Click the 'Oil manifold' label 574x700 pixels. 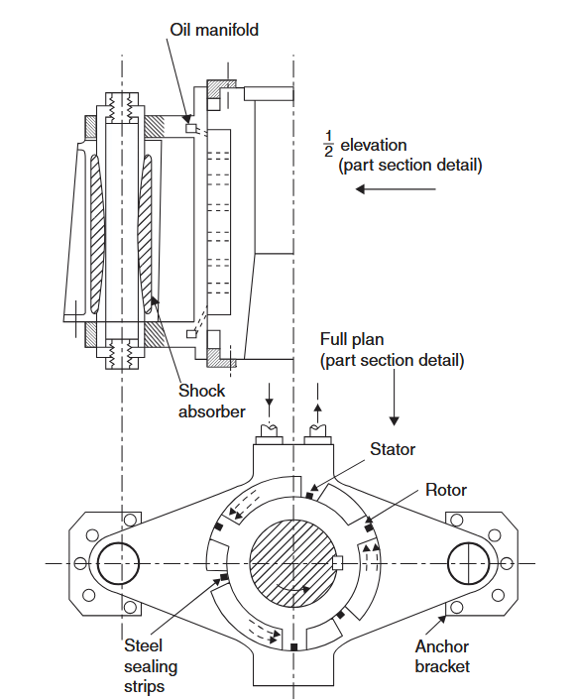coord(214,30)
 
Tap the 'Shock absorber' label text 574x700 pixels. coord(211,401)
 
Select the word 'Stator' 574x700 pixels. coord(393,449)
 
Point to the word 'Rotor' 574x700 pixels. coord(446,490)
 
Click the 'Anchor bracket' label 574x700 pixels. coord(442,656)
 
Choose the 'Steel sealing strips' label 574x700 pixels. coord(151,665)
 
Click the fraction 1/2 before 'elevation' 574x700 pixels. coord(329,144)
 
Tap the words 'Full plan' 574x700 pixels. coord(352,339)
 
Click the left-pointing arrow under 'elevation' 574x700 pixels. coord(396,189)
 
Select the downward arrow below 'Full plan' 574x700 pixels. coord(394,398)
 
